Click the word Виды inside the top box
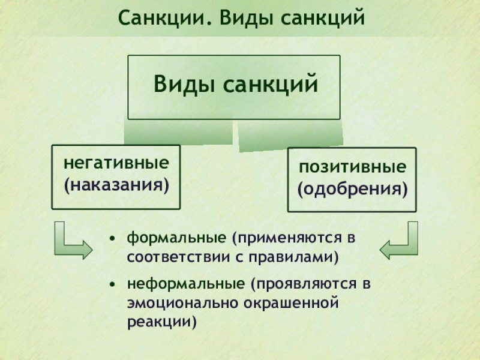coord(184,83)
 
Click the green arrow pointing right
coord(71,242)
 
